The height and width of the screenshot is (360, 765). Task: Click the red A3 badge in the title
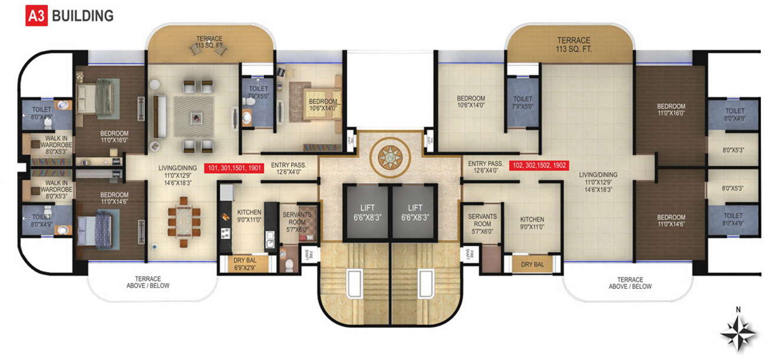pos(37,16)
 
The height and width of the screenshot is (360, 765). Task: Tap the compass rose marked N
pos(738,333)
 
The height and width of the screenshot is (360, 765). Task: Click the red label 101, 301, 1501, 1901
pos(234,168)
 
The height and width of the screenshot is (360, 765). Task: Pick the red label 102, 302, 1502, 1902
pos(539,166)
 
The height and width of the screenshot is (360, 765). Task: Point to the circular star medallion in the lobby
pos(389,157)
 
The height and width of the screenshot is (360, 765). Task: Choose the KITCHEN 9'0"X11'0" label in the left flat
pos(249,216)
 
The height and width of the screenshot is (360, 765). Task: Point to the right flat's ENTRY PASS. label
pos(485,167)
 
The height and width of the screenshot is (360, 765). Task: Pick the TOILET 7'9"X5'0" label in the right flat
pos(522,103)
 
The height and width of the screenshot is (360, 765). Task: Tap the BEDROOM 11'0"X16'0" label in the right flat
pos(671,110)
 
